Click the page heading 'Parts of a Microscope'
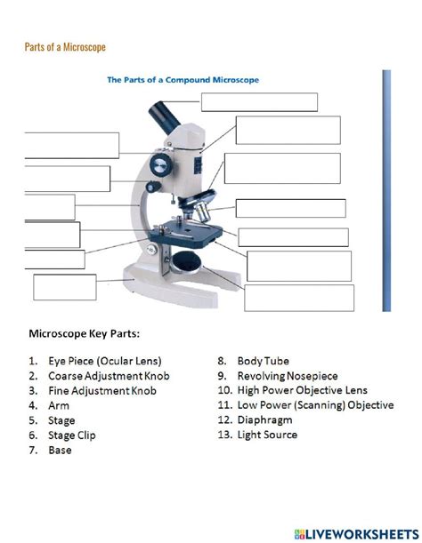pyautogui.click(x=64, y=46)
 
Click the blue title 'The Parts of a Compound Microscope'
pyautogui.click(x=183, y=79)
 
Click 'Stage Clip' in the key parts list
pyautogui.click(x=72, y=435)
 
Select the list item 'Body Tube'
pyautogui.click(x=263, y=361)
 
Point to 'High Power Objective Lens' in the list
pyautogui.click(x=302, y=391)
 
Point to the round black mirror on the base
pyautogui.click(x=186, y=260)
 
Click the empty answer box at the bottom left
pyautogui.click(x=64, y=288)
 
